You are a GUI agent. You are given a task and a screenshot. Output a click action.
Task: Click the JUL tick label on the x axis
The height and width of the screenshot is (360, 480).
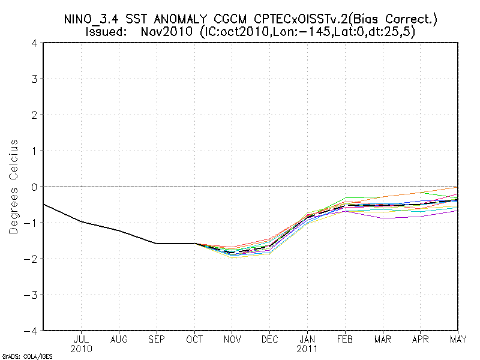pos(81,339)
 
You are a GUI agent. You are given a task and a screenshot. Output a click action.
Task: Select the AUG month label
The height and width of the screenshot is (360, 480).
pos(119,339)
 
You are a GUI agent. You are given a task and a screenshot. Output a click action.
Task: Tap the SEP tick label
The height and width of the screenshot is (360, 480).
pos(157,339)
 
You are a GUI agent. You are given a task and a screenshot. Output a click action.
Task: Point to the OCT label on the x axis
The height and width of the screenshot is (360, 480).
pos(194,339)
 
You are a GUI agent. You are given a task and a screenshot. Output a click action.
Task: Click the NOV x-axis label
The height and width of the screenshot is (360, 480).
pos(232,339)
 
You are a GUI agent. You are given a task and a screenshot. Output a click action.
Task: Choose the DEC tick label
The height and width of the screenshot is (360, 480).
pos(270,339)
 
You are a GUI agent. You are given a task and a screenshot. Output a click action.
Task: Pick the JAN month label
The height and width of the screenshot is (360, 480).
pos(307,339)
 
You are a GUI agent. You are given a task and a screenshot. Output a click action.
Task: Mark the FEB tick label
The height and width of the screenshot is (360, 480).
pos(345,339)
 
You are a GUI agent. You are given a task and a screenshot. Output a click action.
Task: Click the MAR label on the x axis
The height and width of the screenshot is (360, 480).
pos(383,339)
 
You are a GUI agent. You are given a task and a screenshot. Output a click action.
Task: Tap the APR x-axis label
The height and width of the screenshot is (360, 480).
pos(421,339)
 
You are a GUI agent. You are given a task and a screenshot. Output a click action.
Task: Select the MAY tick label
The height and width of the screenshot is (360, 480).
pos(457,339)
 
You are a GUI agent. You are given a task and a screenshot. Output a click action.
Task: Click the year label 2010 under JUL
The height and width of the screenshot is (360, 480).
pos(81,349)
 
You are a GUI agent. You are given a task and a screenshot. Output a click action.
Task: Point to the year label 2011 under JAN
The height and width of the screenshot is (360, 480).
pos(307,349)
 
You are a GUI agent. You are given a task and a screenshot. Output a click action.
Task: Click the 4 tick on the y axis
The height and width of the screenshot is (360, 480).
pos(35,43)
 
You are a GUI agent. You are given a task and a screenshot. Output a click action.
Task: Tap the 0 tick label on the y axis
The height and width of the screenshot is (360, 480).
pos(35,187)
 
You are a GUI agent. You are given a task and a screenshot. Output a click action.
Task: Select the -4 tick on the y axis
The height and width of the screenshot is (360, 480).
pos(32,331)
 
